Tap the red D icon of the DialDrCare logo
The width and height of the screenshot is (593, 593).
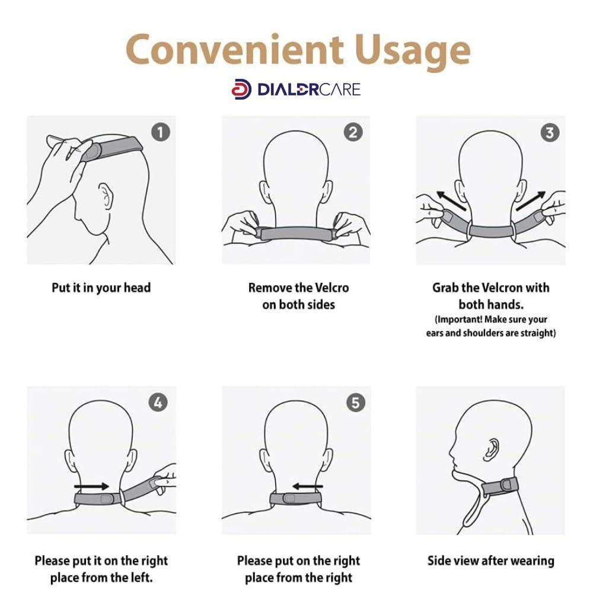[x=241, y=89]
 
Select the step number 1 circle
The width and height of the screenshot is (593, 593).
[x=161, y=132]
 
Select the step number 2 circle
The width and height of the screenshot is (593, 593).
[x=354, y=132]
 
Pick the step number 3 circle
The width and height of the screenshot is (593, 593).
[x=549, y=132]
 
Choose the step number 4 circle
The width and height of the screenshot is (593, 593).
[x=158, y=403]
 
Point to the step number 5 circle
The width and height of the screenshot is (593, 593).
[x=354, y=403]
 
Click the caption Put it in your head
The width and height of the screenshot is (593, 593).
[x=101, y=288]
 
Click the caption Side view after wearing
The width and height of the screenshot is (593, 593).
[x=490, y=560]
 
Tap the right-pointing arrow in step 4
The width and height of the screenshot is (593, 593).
[x=93, y=486]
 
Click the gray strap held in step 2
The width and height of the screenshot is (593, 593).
[x=296, y=233]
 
